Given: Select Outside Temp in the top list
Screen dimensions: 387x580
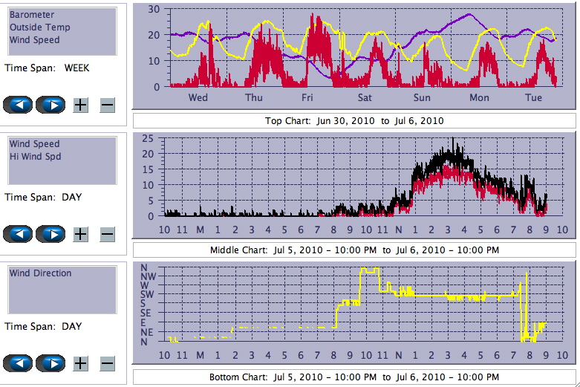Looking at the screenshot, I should click(40, 27).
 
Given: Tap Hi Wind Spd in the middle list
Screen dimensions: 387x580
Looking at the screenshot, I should click(35, 157).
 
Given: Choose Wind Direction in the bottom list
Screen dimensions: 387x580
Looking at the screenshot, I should click(41, 273).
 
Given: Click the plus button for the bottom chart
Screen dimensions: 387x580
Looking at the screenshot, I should click(80, 363).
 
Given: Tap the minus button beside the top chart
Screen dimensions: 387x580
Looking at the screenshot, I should click(107, 105).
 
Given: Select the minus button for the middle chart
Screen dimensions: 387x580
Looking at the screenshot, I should click(107, 234).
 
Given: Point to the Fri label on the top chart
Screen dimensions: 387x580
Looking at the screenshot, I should click(307, 97).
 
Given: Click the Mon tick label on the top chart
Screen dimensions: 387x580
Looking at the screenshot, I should click(479, 97).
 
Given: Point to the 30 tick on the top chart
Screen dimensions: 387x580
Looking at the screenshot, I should click(154, 9).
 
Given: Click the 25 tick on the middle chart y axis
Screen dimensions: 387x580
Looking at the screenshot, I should click(148, 138).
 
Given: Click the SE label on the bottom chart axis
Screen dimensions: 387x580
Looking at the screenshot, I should click(147, 313).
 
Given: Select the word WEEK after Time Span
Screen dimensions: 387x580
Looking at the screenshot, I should click(76, 68).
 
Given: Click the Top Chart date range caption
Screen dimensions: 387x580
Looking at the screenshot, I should click(353, 120).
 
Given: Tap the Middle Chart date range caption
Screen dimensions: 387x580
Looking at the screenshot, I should click(353, 250).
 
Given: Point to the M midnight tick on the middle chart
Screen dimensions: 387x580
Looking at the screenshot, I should click(200, 230).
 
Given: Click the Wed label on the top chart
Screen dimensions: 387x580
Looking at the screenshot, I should click(198, 97).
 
